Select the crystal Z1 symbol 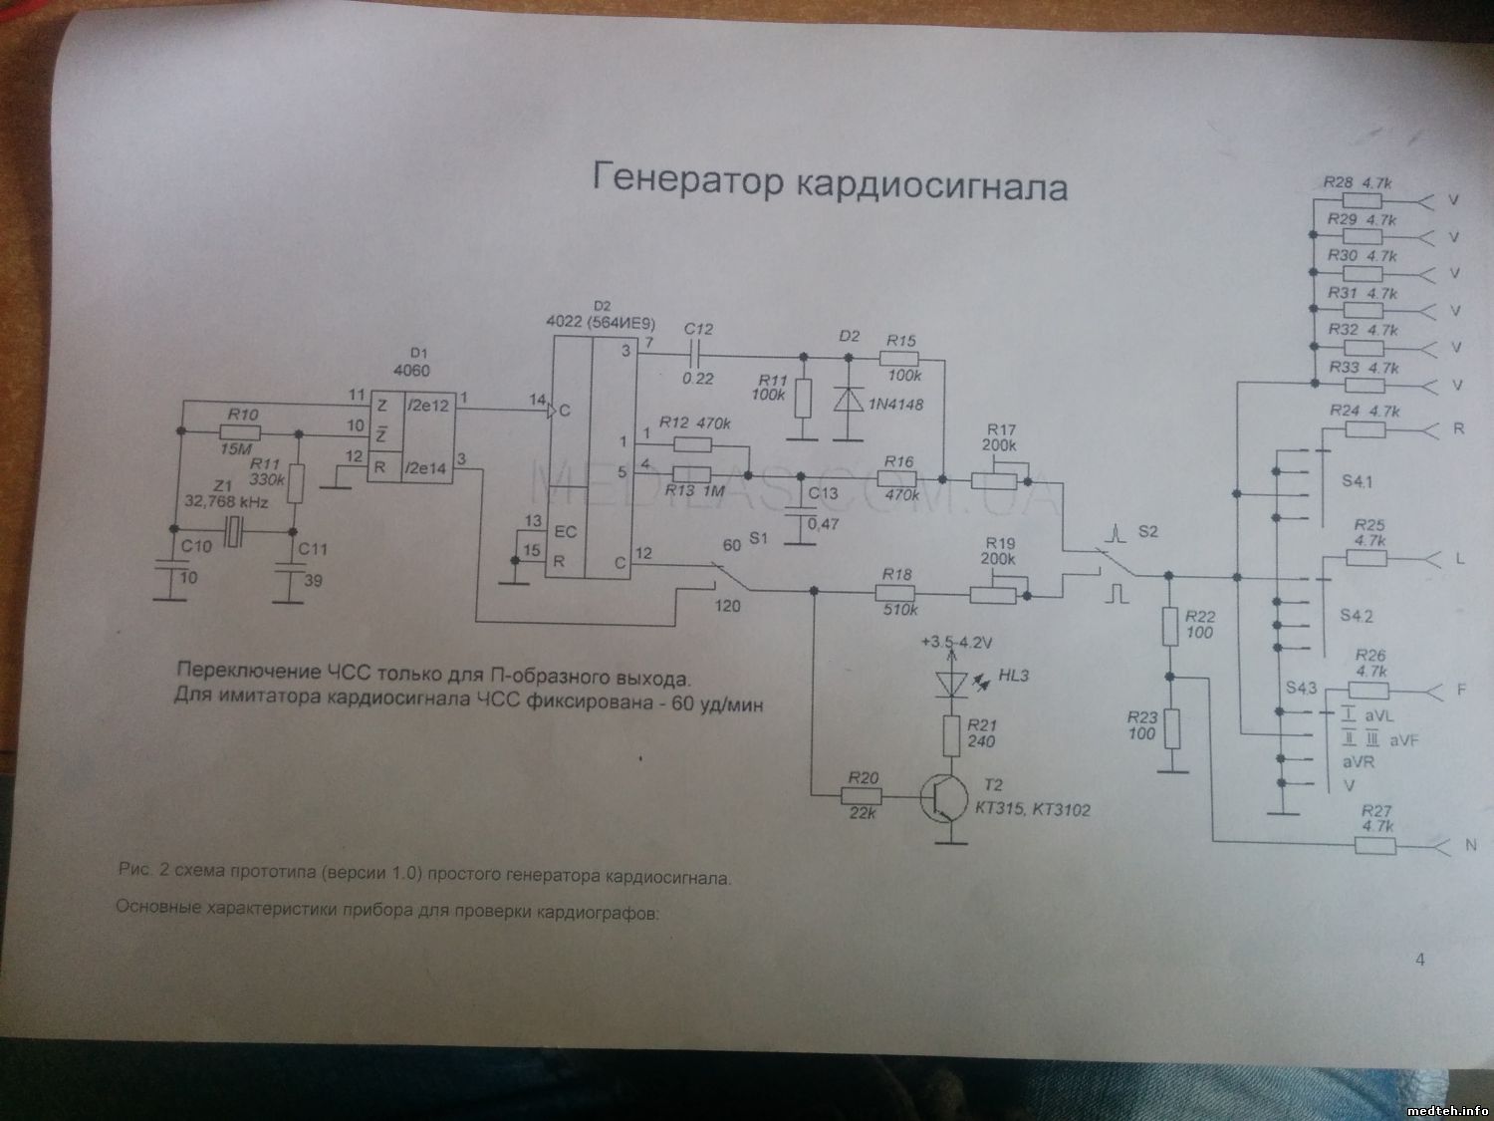tap(233, 533)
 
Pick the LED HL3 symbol tap(953, 683)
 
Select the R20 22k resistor tap(861, 796)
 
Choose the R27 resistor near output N tap(1374, 846)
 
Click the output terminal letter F tap(1461, 689)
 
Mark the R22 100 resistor tap(1169, 627)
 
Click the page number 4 tap(1419, 960)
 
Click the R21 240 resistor tap(953, 734)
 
